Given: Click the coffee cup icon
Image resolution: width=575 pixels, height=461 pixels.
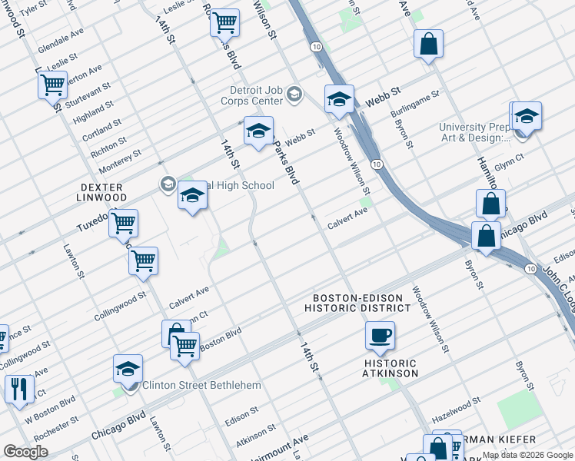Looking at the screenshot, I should tap(380, 336).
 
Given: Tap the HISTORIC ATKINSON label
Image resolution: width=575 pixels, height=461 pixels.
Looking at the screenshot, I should tap(391, 368).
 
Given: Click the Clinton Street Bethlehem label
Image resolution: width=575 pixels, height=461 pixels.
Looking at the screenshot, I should tap(201, 385).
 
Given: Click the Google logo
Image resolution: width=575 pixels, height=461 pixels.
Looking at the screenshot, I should tap(25, 452).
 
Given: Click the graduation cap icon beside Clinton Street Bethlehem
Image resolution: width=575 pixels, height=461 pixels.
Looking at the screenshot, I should tap(128, 369).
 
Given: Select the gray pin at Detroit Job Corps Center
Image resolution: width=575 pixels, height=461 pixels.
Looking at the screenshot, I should tap(294, 95).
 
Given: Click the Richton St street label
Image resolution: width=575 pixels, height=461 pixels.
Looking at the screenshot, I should tap(108, 144).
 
